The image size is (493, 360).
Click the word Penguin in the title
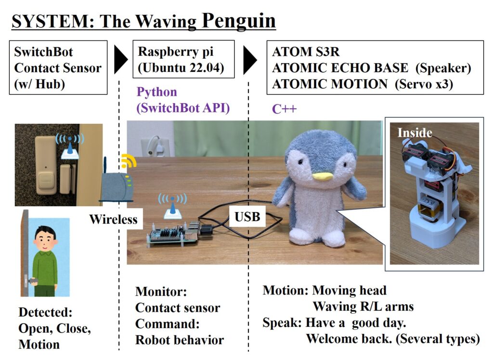click(x=239, y=21)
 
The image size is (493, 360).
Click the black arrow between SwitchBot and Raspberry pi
click(x=121, y=59)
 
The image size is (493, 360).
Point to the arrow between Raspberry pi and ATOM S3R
click(x=250, y=60)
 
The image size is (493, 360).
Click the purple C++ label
click(x=284, y=109)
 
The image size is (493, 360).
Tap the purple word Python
click(x=156, y=92)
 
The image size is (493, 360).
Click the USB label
click(x=247, y=217)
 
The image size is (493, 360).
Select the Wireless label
click(x=113, y=219)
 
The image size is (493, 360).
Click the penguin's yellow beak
click(x=323, y=176)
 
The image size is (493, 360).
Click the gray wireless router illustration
click(x=117, y=187)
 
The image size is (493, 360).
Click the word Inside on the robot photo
click(x=415, y=133)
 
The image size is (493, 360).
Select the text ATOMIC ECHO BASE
click(x=340, y=67)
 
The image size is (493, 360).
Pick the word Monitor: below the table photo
click(x=161, y=292)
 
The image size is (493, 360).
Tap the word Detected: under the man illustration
click(x=46, y=312)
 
